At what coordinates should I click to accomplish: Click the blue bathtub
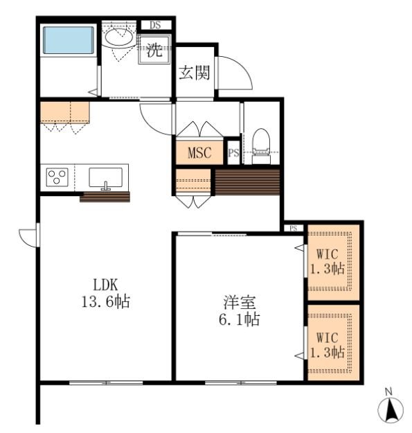tap(68, 40)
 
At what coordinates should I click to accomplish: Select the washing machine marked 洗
tap(154, 49)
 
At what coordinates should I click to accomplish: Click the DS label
tap(155, 25)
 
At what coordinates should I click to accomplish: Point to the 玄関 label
tap(195, 73)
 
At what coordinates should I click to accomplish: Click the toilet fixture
tap(261, 145)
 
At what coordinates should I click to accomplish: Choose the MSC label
tap(199, 152)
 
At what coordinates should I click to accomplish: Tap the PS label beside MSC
tap(234, 152)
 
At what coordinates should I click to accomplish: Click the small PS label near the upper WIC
tap(294, 229)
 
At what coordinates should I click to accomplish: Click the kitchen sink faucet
tap(106, 186)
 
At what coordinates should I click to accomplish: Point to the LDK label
tap(105, 285)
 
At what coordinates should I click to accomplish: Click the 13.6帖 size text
tap(106, 301)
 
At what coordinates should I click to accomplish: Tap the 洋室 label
tap(240, 302)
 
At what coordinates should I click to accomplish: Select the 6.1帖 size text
tap(240, 319)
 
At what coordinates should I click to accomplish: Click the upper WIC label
tap(328, 254)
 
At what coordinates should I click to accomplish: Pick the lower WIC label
tap(328, 337)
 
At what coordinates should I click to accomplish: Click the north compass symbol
tap(391, 407)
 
